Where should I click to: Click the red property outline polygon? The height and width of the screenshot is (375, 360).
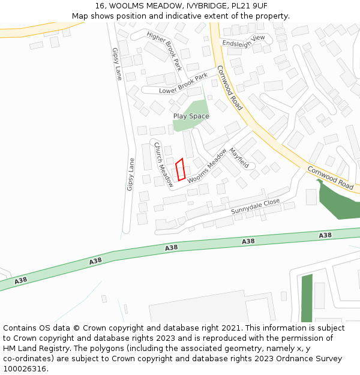click(179, 170)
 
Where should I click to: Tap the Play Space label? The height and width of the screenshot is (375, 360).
click(191, 116)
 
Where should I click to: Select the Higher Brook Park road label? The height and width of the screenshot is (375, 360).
click(164, 52)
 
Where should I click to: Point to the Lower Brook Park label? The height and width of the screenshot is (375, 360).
click(183, 83)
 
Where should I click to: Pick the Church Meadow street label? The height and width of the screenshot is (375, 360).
click(163, 164)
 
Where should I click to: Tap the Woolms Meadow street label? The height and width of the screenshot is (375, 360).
click(207, 166)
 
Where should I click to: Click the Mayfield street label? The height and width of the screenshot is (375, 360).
click(239, 158)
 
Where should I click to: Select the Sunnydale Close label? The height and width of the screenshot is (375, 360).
click(256, 206)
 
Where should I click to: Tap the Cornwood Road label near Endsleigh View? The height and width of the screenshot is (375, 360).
click(229, 88)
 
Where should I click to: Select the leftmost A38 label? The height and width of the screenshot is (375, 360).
click(20, 280)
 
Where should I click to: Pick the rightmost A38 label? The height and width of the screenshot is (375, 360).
click(325, 235)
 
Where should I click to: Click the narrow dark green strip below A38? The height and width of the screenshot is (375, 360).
click(307, 298)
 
